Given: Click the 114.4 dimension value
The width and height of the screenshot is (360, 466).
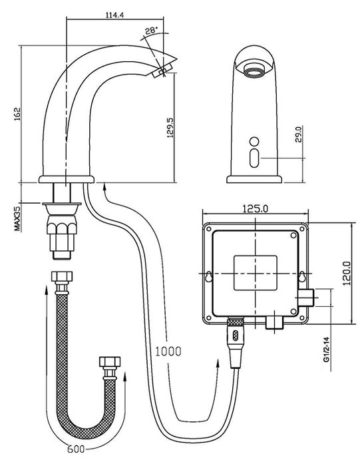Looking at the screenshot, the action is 114,15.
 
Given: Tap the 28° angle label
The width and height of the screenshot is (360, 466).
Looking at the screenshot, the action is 152,31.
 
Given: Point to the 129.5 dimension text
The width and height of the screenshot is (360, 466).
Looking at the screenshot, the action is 170,127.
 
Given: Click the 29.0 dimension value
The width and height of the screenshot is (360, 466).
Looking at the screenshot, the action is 299,134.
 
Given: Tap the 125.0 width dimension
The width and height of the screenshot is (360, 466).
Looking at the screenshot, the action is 255,208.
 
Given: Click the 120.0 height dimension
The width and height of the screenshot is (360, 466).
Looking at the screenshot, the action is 347,273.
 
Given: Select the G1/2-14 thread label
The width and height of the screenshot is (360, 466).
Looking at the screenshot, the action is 327,349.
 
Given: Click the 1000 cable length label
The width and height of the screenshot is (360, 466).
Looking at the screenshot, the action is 168,351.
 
